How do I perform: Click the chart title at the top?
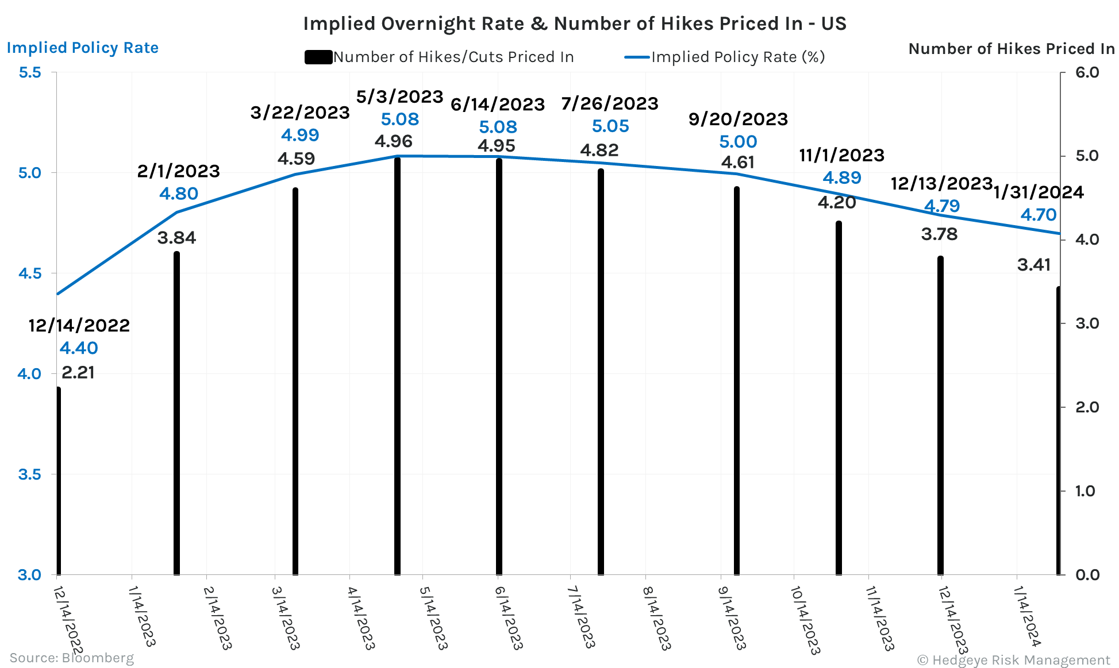tap(574, 24)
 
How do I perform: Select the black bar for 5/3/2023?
tap(397, 368)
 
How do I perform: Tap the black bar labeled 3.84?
tap(176, 414)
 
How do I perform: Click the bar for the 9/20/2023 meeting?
tap(737, 379)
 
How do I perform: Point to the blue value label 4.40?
tap(79, 348)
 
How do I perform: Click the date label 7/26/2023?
tap(610, 103)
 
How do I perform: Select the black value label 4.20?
tap(837, 202)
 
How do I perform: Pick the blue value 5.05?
tap(610, 126)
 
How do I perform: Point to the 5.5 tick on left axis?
tap(30, 72)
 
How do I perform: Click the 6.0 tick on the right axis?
tap(1086, 72)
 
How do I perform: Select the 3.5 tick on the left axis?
tap(30, 474)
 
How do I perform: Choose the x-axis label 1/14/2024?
tap(1027, 616)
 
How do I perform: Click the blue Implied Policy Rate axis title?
tap(82, 48)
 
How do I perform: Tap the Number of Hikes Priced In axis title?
tap(1012, 49)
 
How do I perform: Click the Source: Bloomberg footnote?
tap(71, 658)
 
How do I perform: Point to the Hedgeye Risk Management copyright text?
tap(1014, 660)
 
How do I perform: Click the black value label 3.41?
tap(1033, 265)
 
